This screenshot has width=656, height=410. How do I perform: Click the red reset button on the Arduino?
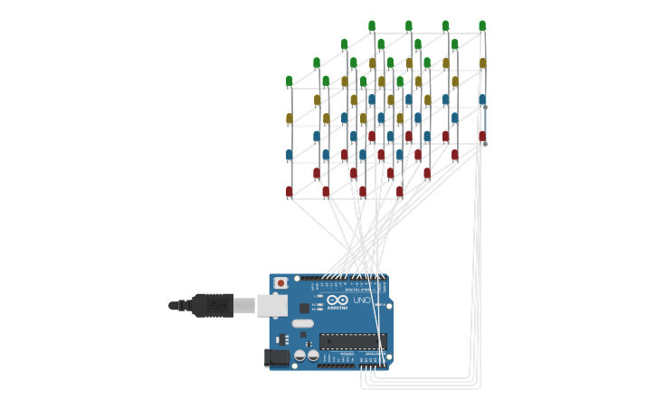pos(281,283)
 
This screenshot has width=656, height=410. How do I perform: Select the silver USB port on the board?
pos(272,306)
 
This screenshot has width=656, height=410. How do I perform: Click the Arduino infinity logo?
pos(338,300)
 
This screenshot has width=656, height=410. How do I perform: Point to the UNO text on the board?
pos(361,300)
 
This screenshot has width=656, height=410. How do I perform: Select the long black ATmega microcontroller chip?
pos(353,341)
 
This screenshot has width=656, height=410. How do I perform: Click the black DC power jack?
pos(277,358)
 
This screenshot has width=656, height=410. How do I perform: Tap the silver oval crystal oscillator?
pos(302,323)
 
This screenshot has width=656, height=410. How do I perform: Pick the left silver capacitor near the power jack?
pos(299,356)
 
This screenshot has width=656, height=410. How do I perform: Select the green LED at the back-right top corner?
pos(482,25)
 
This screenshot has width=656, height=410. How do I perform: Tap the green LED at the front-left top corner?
pos(290,81)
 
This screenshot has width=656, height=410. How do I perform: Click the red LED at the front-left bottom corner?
pos(290,192)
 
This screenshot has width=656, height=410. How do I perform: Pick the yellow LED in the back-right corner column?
pos(482,63)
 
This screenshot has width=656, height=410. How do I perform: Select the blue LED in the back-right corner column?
pos(482,100)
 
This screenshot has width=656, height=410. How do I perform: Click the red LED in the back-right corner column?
pos(482,137)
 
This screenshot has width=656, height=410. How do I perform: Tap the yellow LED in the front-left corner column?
pos(290,119)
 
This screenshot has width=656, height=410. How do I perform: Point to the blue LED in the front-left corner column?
pos(290,155)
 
